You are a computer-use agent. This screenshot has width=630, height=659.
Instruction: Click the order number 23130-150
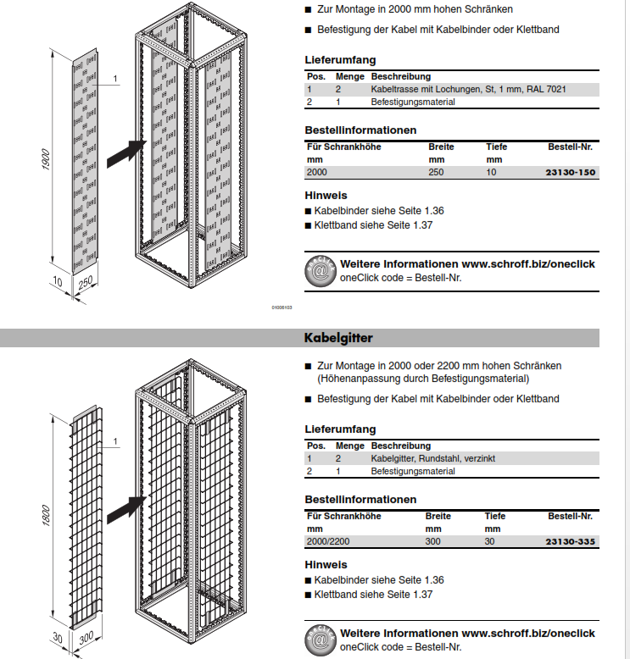coord(573,172)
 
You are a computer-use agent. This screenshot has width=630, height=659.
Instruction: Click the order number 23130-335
coord(572,541)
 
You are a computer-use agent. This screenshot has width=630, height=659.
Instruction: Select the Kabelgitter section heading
coord(338,338)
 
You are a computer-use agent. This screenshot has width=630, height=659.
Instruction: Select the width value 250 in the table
coord(437,172)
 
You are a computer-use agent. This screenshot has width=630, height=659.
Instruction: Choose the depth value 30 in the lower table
coord(490,541)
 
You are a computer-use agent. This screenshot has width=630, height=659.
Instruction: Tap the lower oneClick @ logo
coord(320,640)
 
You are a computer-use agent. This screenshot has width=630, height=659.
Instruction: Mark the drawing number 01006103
coord(282,308)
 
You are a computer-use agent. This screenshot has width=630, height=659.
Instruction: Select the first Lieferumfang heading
coord(340,60)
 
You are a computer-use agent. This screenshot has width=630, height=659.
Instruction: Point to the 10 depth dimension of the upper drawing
coord(57,280)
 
